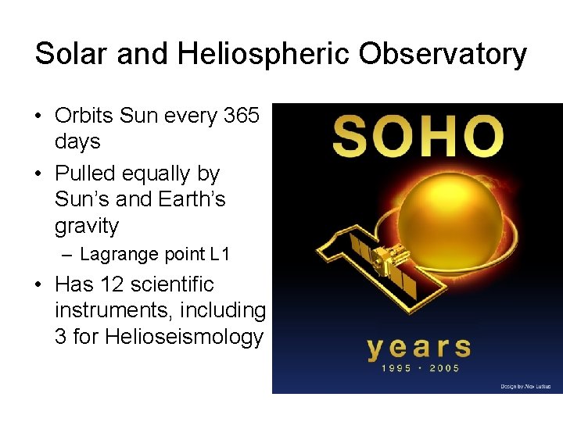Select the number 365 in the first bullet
(x=242, y=116)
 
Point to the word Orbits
(x=84, y=116)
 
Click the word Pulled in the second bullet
(x=84, y=173)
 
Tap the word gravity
(x=87, y=227)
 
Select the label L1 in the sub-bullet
(x=220, y=255)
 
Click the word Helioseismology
(x=171, y=338)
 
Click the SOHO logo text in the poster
(x=417, y=136)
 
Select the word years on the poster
(x=419, y=349)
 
